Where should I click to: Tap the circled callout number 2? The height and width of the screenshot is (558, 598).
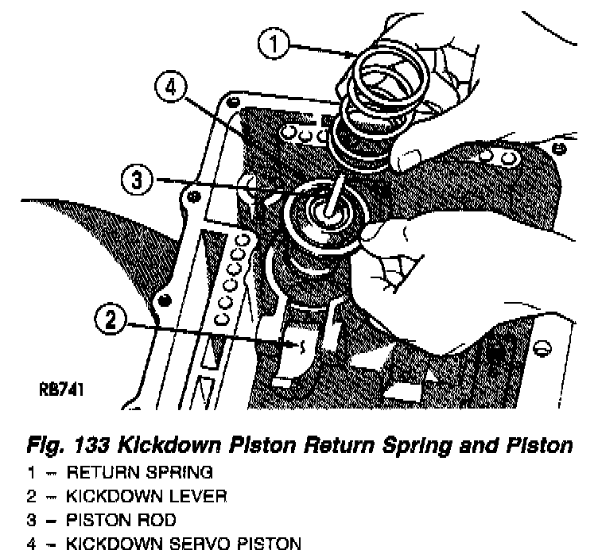[112, 321]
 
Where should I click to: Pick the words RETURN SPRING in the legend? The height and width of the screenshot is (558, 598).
[139, 473]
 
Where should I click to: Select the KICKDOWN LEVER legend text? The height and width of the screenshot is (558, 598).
[147, 497]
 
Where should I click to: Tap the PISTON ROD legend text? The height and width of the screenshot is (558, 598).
[121, 521]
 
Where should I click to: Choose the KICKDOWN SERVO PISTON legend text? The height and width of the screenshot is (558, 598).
[184, 544]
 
